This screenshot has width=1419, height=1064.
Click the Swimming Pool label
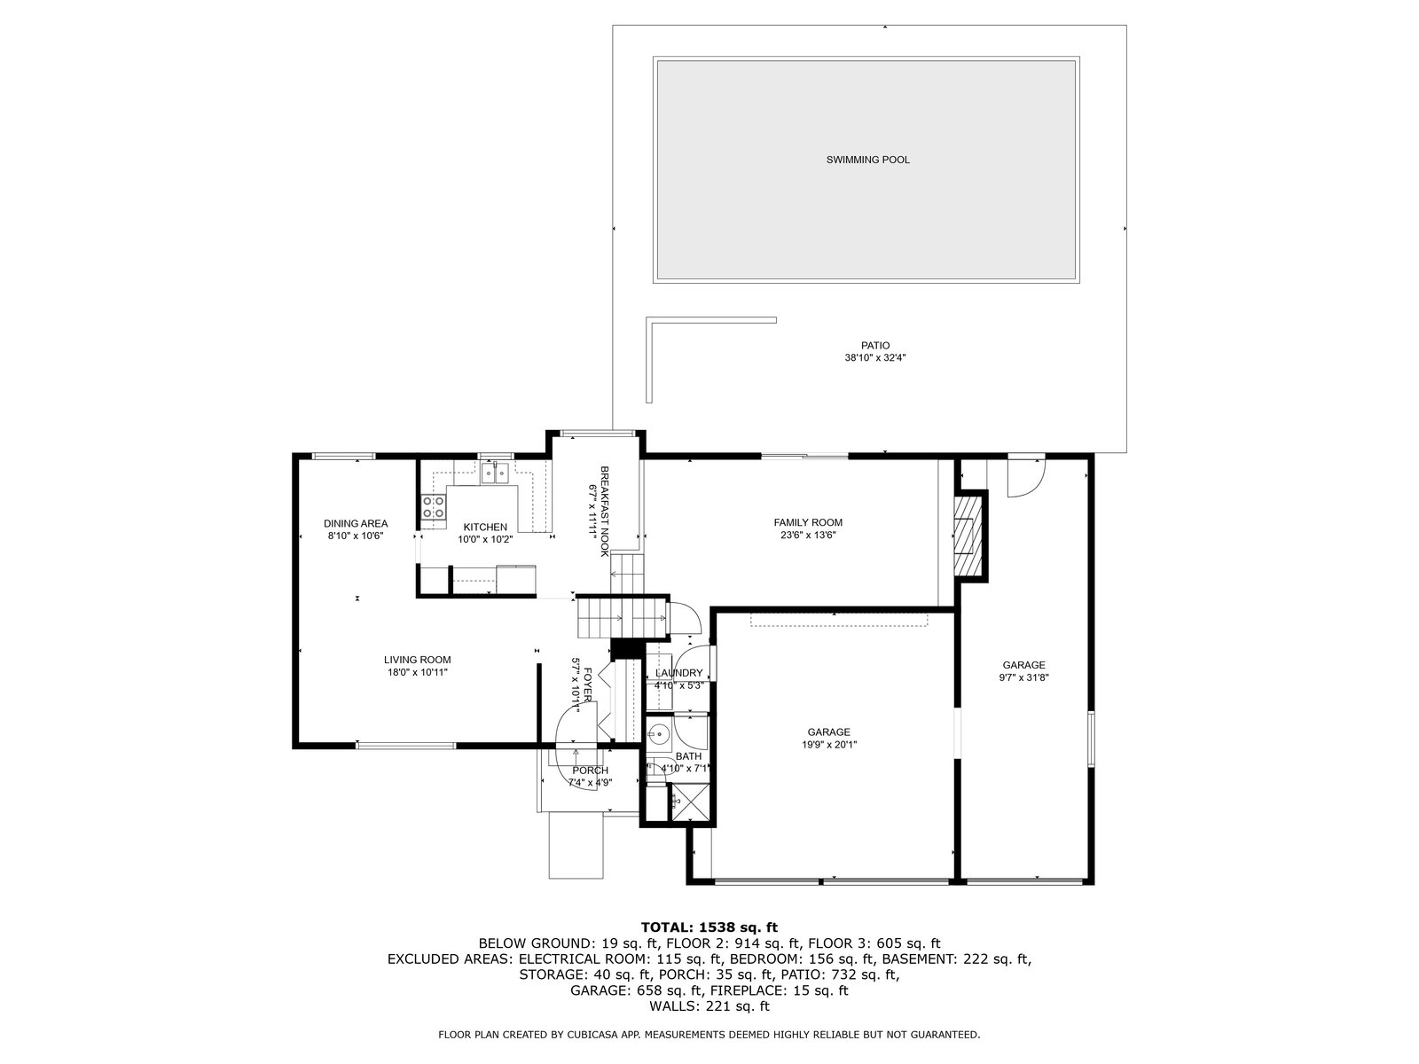(867, 160)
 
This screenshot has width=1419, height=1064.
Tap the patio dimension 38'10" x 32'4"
(875, 357)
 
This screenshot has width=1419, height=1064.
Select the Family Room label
(808, 522)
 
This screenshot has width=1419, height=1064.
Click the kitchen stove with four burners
(434, 507)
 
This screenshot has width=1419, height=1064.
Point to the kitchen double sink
(496, 473)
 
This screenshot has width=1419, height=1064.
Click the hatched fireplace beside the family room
(968, 535)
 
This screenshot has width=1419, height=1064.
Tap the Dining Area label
(356, 523)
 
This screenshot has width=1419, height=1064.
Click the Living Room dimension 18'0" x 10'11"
(418, 672)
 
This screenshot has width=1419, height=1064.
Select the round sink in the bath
(660, 734)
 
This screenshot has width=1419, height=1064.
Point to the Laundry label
(678, 673)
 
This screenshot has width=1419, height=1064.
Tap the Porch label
(591, 770)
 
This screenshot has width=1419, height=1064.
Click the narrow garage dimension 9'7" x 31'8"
(1023, 677)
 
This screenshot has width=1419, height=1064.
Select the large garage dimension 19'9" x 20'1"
(828, 744)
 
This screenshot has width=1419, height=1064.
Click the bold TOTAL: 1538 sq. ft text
(709, 928)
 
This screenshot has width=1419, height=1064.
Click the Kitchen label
(485, 528)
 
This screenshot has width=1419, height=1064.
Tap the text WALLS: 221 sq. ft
(709, 1005)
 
